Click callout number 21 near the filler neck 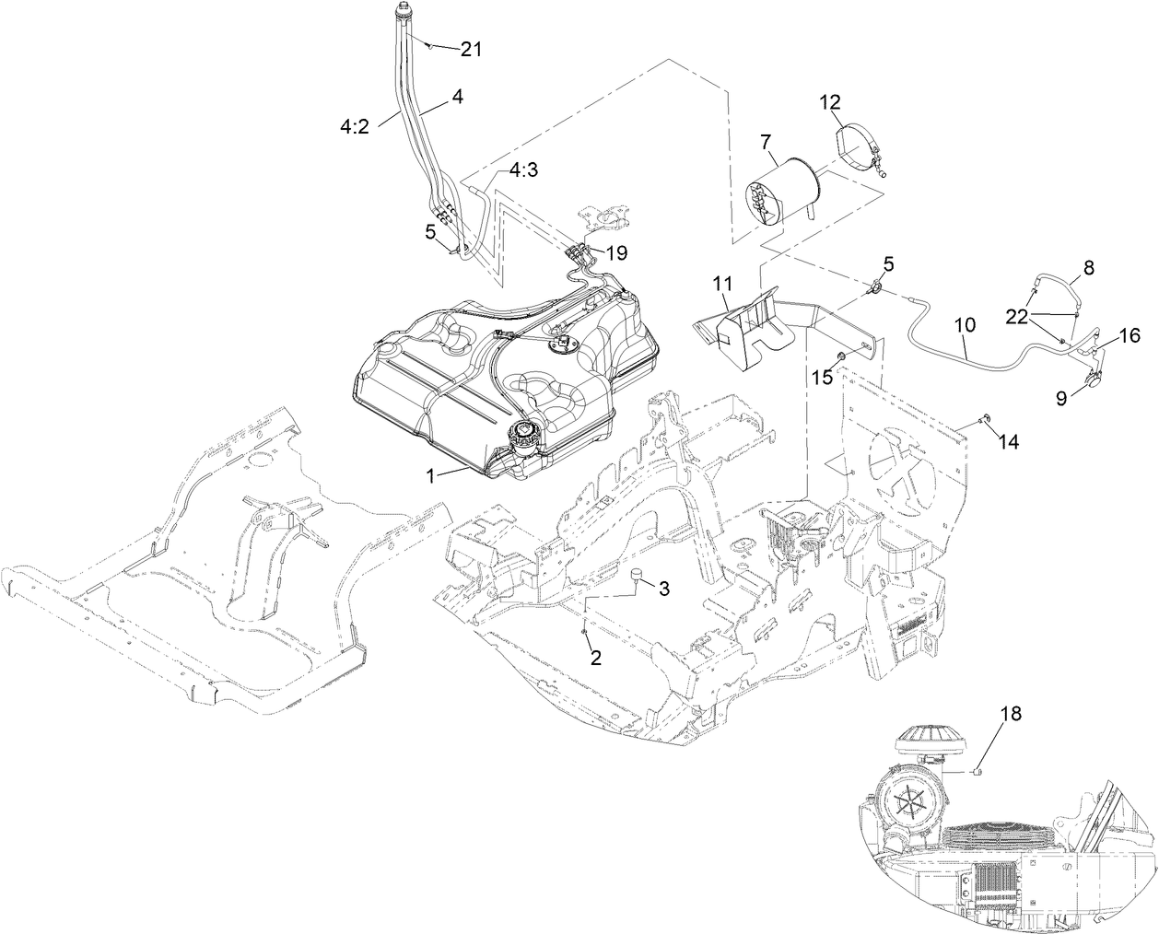click(x=471, y=50)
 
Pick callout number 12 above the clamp click(x=830, y=101)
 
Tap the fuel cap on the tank click(x=524, y=433)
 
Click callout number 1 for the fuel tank click(x=429, y=475)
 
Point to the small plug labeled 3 click(x=635, y=577)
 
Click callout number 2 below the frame click(x=595, y=658)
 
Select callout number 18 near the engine click(x=1010, y=714)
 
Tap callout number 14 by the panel click(x=1009, y=442)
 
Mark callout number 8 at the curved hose click(x=1088, y=268)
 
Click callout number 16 click(x=1130, y=336)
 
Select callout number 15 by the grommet click(x=820, y=377)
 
